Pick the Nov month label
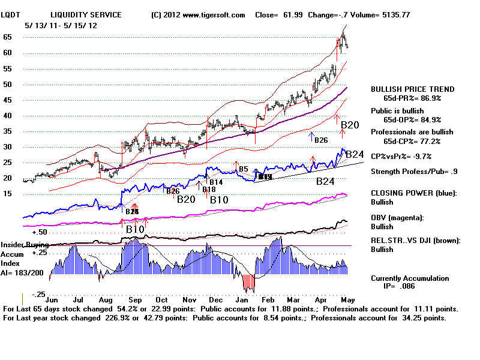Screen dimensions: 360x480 pos(190,298)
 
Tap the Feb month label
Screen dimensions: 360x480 pos(268,298)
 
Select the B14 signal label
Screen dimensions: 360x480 pos(216,182)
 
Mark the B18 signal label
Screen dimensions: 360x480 pos(209,190)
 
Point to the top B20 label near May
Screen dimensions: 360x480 pos(350,125)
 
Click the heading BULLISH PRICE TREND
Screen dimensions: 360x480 pos(413,89)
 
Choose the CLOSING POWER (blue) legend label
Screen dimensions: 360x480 pos(413,193)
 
